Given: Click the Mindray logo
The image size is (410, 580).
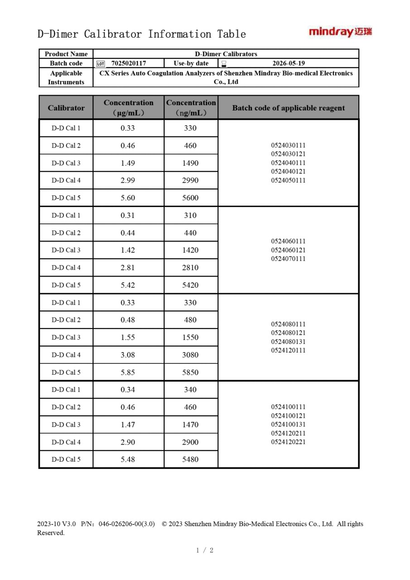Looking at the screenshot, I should tap(340, 32).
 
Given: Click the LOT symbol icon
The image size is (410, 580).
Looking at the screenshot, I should tap(101, 64).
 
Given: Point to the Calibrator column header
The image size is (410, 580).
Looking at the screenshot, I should tap(66, 108).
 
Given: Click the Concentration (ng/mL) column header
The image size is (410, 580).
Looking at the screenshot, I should tap(191, 107).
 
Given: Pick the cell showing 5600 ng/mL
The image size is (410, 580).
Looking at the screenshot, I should tap(190, 198).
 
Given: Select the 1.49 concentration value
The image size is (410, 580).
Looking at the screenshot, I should tap(128, 163).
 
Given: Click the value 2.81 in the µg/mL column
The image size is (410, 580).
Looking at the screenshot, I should tap(128, 268).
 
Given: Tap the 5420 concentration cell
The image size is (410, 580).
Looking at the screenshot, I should tap(190, 285).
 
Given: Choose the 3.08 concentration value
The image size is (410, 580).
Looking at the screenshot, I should tap(128, 355).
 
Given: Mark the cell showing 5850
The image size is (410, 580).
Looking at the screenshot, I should tap(190, 372).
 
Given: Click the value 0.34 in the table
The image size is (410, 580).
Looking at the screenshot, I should tap(128, 390).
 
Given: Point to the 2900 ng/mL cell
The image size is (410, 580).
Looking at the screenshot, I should tap(190, 442).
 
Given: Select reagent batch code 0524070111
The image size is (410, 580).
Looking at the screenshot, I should tap(288, 259).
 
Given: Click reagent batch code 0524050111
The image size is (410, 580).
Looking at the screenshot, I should tap(288, 180).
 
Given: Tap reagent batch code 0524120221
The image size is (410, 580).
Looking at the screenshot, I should tap(288, 442).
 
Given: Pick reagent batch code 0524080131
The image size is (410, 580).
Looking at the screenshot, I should tap(288, 342).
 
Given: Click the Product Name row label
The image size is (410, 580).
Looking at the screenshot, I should tap(66, 54).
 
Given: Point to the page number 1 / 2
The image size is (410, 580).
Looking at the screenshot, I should tap(205, 550).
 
